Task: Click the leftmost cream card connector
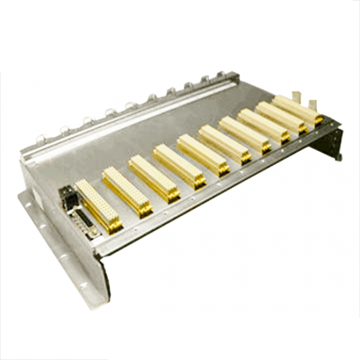pos(98,206)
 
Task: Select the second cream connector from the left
pos(127,190)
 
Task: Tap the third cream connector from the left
pos(154,177)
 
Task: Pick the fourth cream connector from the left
pos(179,165)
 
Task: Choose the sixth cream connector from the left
pos(225,143)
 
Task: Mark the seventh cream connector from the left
pos(244,134)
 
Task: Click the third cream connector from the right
pos(264,124)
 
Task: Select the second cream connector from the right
pos(281,116)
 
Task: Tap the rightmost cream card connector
pos(298,109)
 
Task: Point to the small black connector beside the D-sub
pos(67,196)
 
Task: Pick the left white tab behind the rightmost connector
pos(297,96)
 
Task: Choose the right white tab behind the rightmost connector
pos(313,103)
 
